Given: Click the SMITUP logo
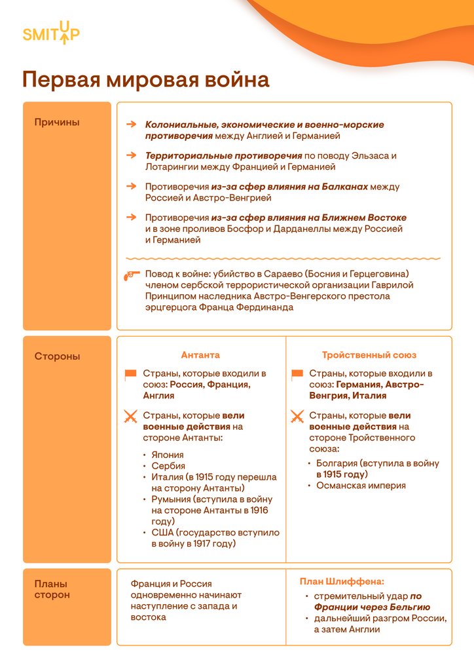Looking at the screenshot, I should click(x=51, y=33).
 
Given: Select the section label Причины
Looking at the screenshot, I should click(x=57, y=122).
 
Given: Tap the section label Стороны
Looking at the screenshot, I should click(x=57, y=356).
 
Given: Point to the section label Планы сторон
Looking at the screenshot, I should click(x=52, y=589).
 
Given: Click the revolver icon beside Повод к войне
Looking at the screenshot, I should click(x=131, y=275).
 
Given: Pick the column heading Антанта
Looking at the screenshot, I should click(x=200, y=355).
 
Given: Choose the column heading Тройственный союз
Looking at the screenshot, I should click(x=369, y=355).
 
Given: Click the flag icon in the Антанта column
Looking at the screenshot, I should click(x=131, y=374).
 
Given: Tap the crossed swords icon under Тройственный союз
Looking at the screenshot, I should click(x=297, y=416).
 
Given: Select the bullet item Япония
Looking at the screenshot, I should click(x=168, y=455).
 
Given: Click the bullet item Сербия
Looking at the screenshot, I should click(x=168, y=466).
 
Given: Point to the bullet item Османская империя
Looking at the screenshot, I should click(x=361, y=486).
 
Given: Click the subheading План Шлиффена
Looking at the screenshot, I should click(x=342, y=581).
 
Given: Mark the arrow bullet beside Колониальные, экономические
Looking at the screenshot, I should click(x=131, y=124).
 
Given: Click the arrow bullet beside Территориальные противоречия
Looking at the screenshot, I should click(x=131, y=155).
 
